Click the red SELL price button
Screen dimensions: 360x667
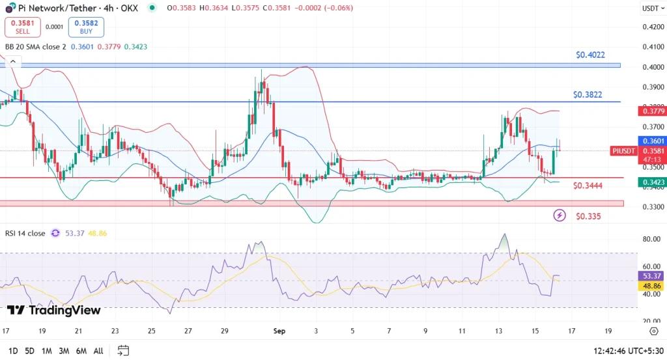coord(23,27)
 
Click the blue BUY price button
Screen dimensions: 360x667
coord(86,27)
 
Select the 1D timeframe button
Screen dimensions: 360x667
coord(12,351)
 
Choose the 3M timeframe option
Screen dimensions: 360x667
coord(64,351)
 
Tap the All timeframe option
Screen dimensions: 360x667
coord(98,351)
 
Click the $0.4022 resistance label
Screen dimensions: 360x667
coord(590,55)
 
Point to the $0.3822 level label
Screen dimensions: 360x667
coord(588,94)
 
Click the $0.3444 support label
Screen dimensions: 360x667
coord(588,186)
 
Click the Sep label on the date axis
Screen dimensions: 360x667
coord(279,331)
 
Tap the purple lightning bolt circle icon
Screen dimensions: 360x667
coord(560,215)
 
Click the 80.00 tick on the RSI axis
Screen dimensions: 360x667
coord(651,239)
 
